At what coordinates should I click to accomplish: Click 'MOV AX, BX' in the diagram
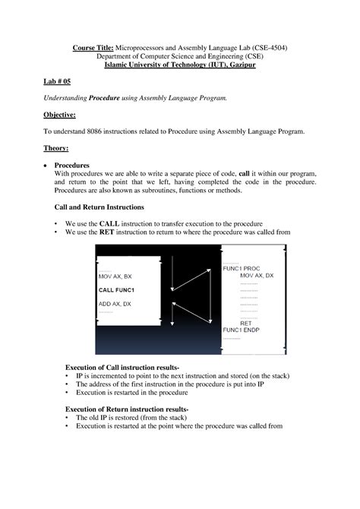click(x=115, y=277)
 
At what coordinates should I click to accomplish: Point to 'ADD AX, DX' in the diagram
click(x=115, y=304)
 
